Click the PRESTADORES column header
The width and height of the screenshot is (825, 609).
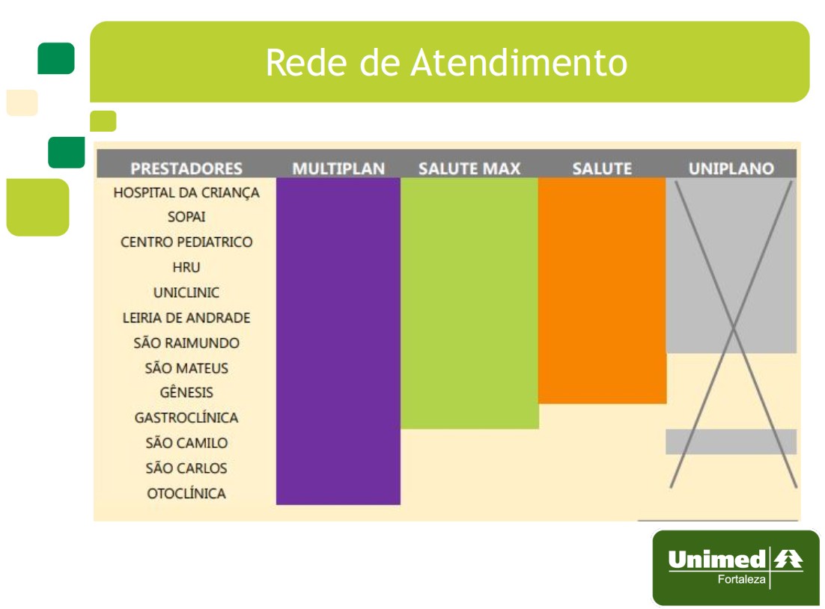(x=186, y=168)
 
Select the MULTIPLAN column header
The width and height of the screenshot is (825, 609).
(x=338, y=168)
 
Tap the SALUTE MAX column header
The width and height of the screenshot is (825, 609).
(x=469, y=168)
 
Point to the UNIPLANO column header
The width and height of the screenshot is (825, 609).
(x=731, y=168)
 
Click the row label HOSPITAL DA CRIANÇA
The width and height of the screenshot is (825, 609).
(x=186, y=193)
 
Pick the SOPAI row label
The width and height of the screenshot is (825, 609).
(x=186, y=217)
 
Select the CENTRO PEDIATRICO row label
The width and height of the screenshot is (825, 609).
(x=186, y=242)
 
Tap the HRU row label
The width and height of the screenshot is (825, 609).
(x=186, y=267)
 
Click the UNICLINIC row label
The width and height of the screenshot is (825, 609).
(x=186, y=293)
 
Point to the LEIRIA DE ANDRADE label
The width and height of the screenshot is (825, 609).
(x=186, y=318)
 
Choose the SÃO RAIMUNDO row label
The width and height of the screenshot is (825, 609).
(x=186, y=343)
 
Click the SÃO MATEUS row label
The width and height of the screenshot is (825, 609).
(x=186, y=367)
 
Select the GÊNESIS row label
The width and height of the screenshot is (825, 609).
(x=186, y=392)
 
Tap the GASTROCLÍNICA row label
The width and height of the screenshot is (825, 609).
(x=186, y=417)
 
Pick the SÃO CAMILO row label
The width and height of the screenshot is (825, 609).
(x=186, y=442)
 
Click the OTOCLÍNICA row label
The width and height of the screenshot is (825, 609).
(x=186, y=493)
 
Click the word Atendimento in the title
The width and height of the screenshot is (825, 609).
(x=519, y=62)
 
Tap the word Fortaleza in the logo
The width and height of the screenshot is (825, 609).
(x=741, y=579)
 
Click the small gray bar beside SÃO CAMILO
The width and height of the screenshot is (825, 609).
(x=731, y=441)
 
